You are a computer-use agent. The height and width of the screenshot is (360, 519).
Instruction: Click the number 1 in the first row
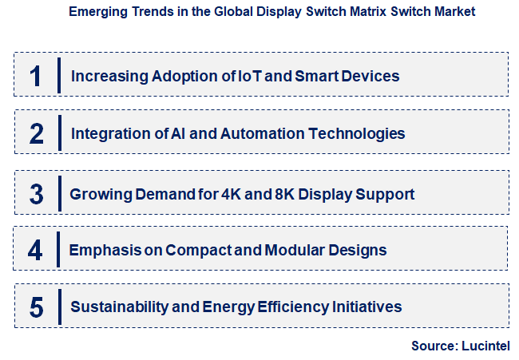35,77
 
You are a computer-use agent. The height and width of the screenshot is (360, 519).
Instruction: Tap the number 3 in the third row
36,194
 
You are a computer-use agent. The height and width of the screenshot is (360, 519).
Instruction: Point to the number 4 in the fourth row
35,251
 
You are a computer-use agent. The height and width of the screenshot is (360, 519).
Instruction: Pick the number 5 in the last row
36,307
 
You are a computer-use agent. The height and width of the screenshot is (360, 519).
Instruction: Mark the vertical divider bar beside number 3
60,194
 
